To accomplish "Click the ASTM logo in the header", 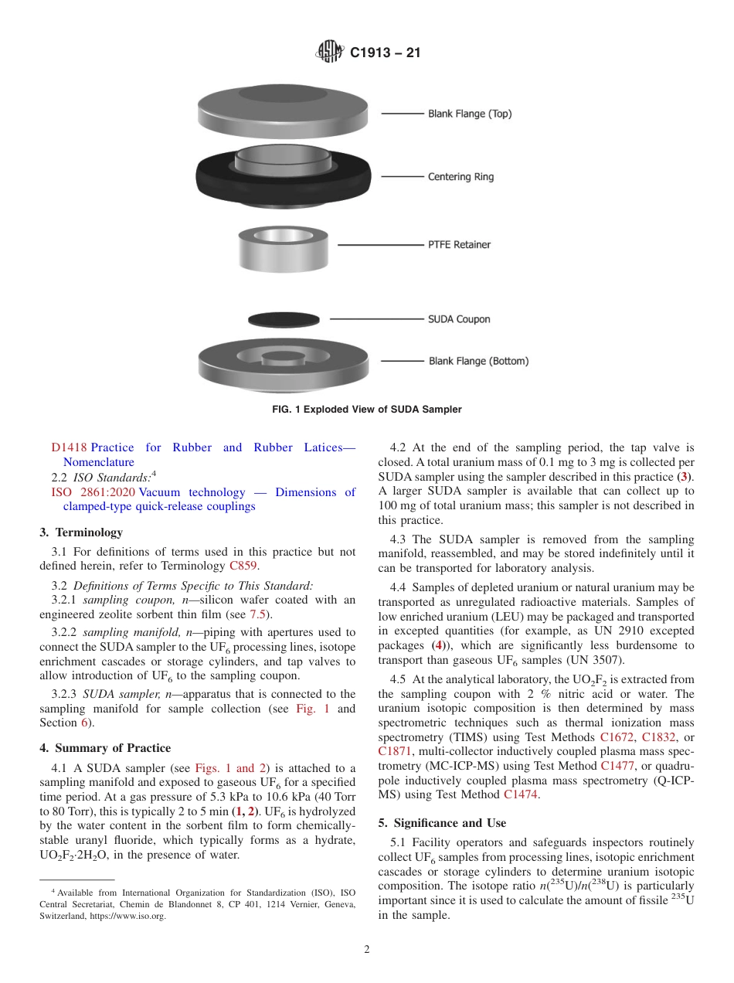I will pyautogui.click(x=330, y=53).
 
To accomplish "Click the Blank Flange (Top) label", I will pyautogui.click(x=469, y=114).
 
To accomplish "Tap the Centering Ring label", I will pyautogui.click(x=460, y=177).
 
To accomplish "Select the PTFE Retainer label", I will pyautogui.click(x=459, y=245).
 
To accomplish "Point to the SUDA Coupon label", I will pyautogui.click(x=459, y=319).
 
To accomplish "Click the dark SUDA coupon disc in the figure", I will pyautogui.click(x=284, y=319).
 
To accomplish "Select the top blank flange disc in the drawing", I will pyautogui.click(x=284, y=108).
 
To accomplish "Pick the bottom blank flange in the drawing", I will pyautogui.click(x=284, y=363).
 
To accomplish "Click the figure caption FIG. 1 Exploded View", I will pyautogui.click(x=366, y=410).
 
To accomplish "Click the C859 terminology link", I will pyautogui.click(x=243, y=565).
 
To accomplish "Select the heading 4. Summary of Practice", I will pyautogui.click(x=105, y=748).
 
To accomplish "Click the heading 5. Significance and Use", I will pyautogui.click(x=438, y=823).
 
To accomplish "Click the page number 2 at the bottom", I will pyautogui.click(x=367, y=950).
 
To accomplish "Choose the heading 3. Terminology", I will pyautogui.click(x=81, y=532).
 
